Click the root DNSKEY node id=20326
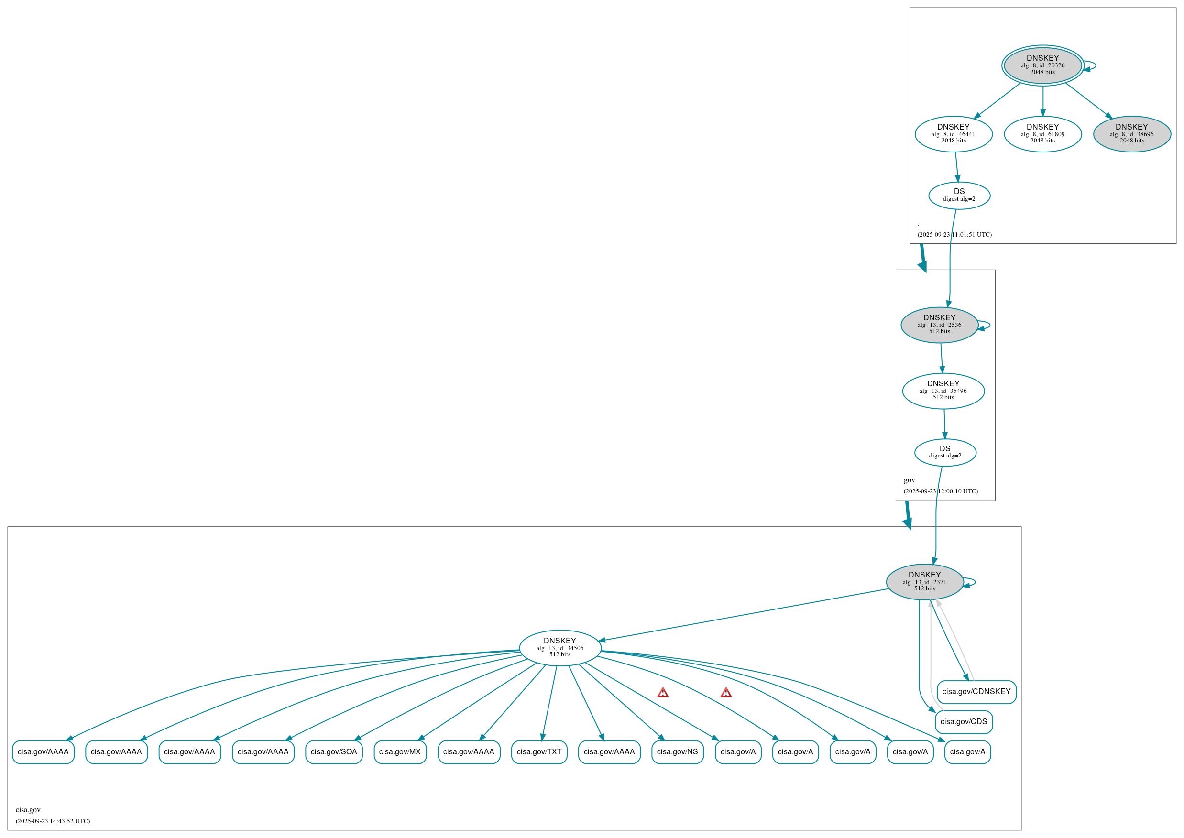(1042, 65)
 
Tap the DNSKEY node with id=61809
(1042, 134)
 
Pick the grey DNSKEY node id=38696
(1131, 134)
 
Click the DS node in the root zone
(958, 195)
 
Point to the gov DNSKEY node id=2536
(939, 325)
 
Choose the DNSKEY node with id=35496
(943, 391)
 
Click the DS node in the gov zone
(944, 452)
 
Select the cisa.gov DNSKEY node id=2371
(924, 582)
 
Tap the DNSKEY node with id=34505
(559, 648)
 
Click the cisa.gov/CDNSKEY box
(976, 691)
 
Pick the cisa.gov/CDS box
(963, 721)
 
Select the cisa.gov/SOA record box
(333, 752)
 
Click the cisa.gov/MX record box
(399, 752)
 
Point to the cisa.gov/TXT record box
(539, 752)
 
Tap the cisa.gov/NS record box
(677, 752)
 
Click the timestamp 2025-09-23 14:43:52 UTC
(53, 821)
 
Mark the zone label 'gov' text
(909, 480)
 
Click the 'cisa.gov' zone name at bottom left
(28, 810)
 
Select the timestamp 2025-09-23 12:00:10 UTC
(941, 491)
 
